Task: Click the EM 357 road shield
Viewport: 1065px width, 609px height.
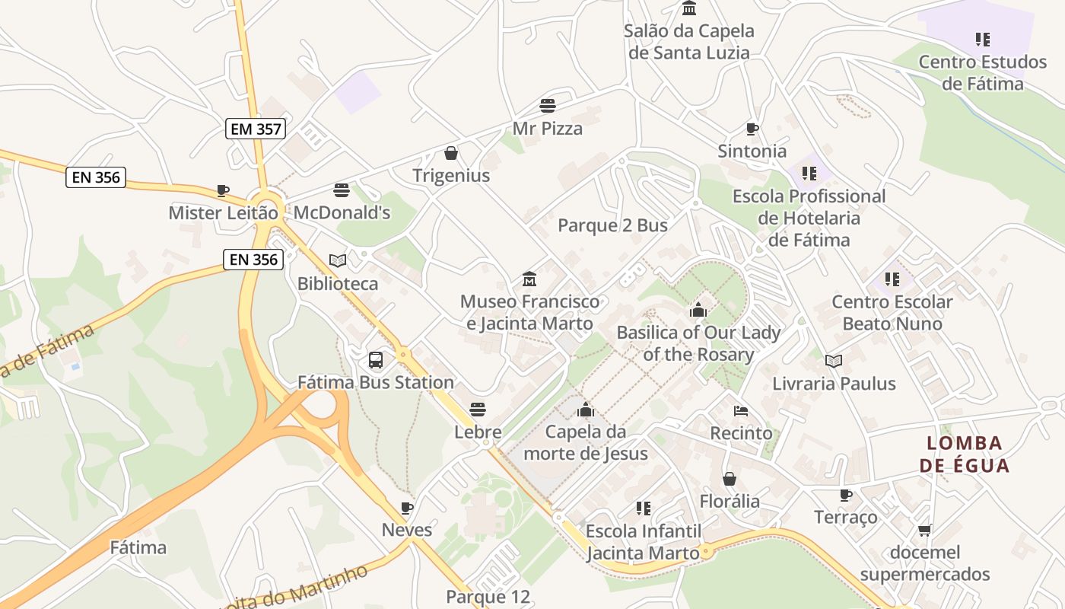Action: pyautogui.click(x=256, y=129)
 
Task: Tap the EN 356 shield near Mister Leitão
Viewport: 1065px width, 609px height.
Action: pyautogui.click(x=96, y=177)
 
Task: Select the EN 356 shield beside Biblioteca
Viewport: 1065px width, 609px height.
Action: pyautogui.click(x=254, y=260)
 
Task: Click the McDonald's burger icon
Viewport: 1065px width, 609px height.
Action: pyautogui.click(x=342, y=190)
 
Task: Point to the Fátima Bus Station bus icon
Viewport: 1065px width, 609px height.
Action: pyautogui.click(x=376, y=359)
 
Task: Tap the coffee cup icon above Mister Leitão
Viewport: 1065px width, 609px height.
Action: pyautogui.click(x=222, y=190)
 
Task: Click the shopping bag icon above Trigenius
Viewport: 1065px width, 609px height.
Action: pyautogui.click(x=451, y=153)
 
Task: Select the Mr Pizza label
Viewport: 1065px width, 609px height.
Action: pyautogui.click(x=548, y=128)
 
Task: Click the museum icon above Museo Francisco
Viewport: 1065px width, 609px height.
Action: pyautogui.click(x=529, y=279)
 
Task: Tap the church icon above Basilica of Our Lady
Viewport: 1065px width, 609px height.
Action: pyautogui.click(x=698, y=310)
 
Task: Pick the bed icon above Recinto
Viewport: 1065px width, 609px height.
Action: pyautogui.click(x=741, y=411)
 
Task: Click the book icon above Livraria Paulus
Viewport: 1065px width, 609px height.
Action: pyautogui.click(x=834, y=361)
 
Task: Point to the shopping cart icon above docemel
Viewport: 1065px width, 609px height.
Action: pyautogui.click(x=925, y=530)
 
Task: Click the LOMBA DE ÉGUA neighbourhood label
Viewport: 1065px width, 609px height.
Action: pyautogui.click(x=965, y=454)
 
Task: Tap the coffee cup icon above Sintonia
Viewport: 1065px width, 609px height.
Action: pyautogui.click(x=752, y=129)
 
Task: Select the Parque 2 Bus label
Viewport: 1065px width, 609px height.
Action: pyautogui.click(x=612, y=225)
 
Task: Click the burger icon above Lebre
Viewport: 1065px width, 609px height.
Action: pyautogui.click(x=477, y=410)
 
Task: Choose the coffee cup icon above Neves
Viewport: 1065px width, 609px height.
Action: pyautogui.click(x=407, y=508)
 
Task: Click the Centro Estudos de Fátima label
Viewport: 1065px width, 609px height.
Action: pyautogui.click(x=983, y=72)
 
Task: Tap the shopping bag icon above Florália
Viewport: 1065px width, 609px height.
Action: pyautogui.click(x=730, y=479)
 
